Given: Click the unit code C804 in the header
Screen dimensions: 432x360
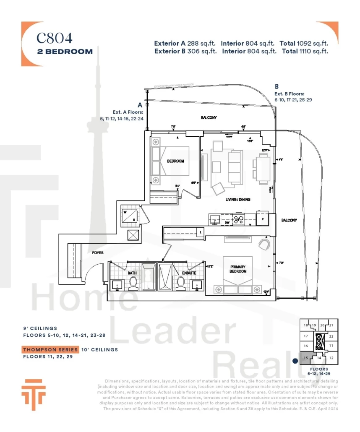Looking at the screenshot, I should pos(55,38).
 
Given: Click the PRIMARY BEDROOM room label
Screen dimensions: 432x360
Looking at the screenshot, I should pos(238,269).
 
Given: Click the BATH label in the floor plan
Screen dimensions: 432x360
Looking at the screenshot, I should pos(132,273).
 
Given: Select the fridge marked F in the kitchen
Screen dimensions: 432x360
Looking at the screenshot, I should pos(263,219).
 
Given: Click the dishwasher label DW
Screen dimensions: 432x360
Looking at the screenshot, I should pos(227,224).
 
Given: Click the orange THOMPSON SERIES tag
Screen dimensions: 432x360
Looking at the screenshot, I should pos(50,349).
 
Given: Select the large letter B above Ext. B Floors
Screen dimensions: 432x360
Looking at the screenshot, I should pos(277,86).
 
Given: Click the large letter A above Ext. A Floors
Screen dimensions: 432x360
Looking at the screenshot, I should pos(140,105).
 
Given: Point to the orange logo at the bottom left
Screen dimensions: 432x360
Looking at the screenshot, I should pos(34,394).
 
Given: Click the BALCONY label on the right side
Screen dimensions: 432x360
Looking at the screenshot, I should pos(289,220).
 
